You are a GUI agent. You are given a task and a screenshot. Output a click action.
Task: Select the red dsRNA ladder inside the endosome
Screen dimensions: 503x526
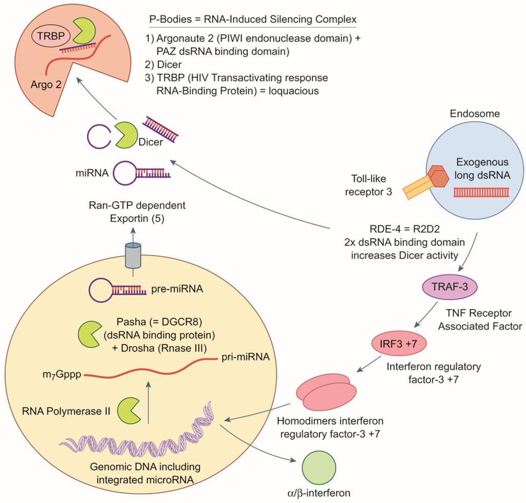[x=481, y=192]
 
